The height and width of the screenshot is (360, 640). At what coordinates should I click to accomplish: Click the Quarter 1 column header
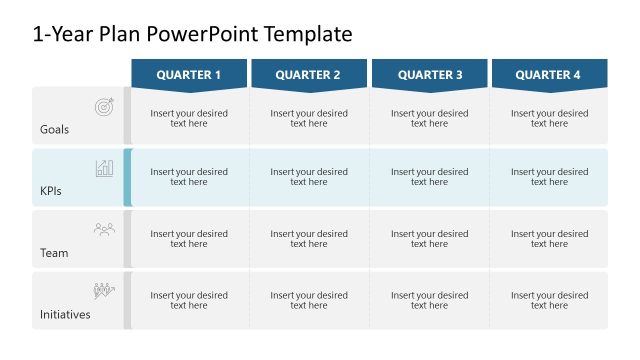click(189, 74)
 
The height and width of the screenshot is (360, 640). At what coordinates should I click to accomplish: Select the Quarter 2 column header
click(308, 74)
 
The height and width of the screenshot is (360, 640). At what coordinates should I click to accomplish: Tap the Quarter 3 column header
click(430, 74)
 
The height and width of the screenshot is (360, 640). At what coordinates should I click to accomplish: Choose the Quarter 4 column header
click(549, 74)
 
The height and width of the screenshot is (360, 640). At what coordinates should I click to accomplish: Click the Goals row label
click(54, 130)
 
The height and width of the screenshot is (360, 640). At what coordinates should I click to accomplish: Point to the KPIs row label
click(51, 191)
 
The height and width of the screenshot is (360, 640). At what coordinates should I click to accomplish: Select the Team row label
click(54, 253)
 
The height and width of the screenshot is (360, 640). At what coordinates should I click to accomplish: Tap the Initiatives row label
click(65, 314)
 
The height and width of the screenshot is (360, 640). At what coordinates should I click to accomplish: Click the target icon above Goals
click(104, 106)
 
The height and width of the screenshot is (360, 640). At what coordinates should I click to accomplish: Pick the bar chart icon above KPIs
click(104, 168)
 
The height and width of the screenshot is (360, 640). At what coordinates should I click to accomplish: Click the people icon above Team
click(104, 229)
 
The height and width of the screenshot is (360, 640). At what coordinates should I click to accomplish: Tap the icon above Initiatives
click(104, 291)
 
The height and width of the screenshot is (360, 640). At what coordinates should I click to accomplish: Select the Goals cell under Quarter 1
click(189, 118)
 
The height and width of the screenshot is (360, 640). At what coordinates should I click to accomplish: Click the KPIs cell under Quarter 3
click(430, 177)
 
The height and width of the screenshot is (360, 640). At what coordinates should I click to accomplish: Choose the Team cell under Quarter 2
click(309, 239)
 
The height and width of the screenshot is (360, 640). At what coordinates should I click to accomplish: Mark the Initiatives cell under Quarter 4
click(549, 300)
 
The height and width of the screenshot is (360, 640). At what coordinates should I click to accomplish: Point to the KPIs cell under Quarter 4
click(549, 177)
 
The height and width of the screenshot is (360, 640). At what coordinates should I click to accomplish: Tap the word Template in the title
click(308, 35)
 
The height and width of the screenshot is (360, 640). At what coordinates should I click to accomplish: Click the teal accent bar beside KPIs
click(127, 177)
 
